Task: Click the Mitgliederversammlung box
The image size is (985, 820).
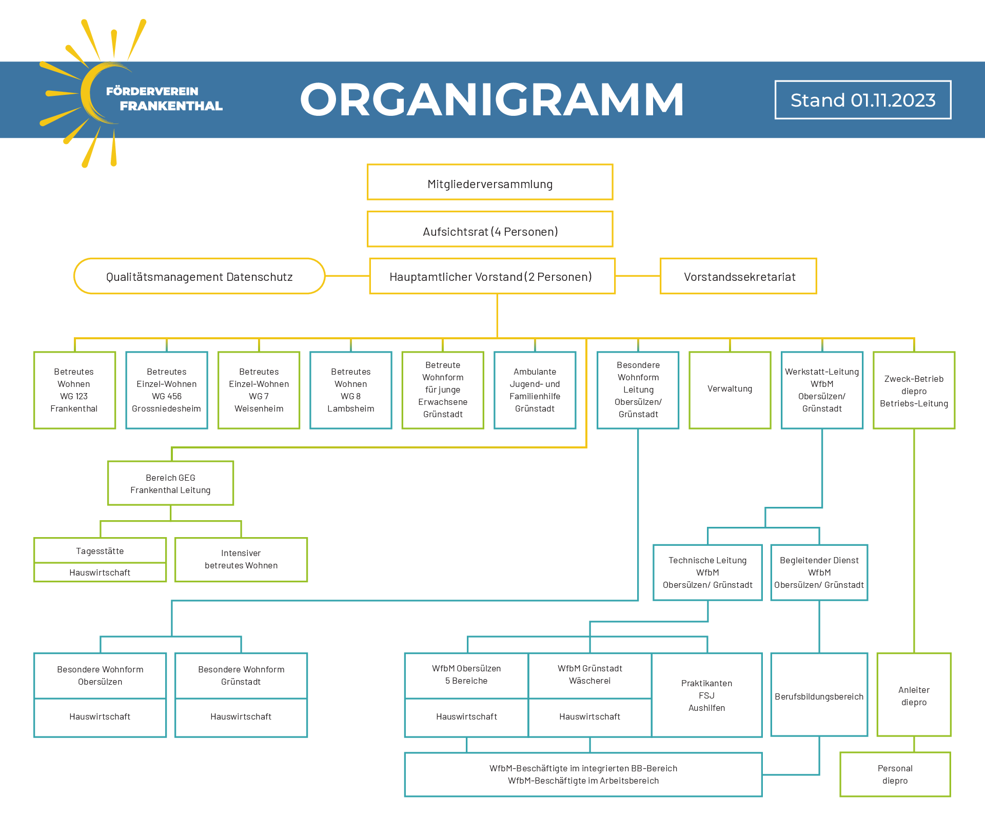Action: pos(490,182)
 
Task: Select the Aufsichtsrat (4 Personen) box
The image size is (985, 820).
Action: pos(490,229)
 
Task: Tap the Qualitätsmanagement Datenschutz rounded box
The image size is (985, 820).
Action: pos(200,276)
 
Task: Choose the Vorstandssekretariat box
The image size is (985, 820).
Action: pos(738,276)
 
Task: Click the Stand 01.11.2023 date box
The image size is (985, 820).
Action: pos(863,100)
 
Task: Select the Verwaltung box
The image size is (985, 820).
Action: pos(730,390)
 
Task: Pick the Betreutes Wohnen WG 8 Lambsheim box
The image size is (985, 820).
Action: pos(351,390)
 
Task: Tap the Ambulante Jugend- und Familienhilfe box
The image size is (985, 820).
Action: pos(535,390)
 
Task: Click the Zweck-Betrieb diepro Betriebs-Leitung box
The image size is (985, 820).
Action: pos(914,390)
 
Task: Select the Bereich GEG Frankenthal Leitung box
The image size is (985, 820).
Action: pos(171,483)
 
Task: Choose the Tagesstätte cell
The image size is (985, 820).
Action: pos(100,550)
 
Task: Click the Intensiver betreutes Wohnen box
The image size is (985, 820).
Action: pos(241,560)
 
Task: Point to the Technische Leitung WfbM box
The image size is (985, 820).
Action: pos(708,572)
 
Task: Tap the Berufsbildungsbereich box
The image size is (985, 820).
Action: pos(819,695)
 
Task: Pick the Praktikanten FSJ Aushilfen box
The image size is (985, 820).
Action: pos(707,695)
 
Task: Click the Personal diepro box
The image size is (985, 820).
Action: pos(895,774)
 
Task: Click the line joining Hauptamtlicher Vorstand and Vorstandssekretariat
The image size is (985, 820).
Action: pos(638,276)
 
